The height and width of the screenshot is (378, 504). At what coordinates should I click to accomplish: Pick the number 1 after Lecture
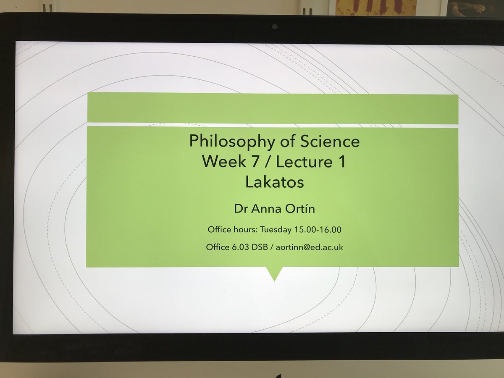[x=341, y=162]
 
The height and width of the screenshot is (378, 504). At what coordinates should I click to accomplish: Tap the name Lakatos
[x=274, y=182]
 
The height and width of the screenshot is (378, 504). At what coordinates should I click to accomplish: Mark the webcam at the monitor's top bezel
[x=274, y=26]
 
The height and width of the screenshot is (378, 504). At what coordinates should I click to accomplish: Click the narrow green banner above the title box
[x=273, y=108]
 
